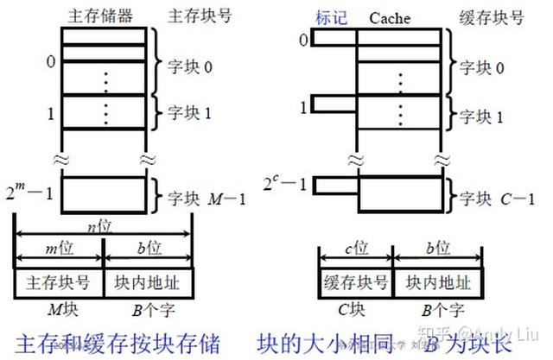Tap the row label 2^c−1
coord(286,184)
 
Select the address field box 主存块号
coord(59,281)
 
